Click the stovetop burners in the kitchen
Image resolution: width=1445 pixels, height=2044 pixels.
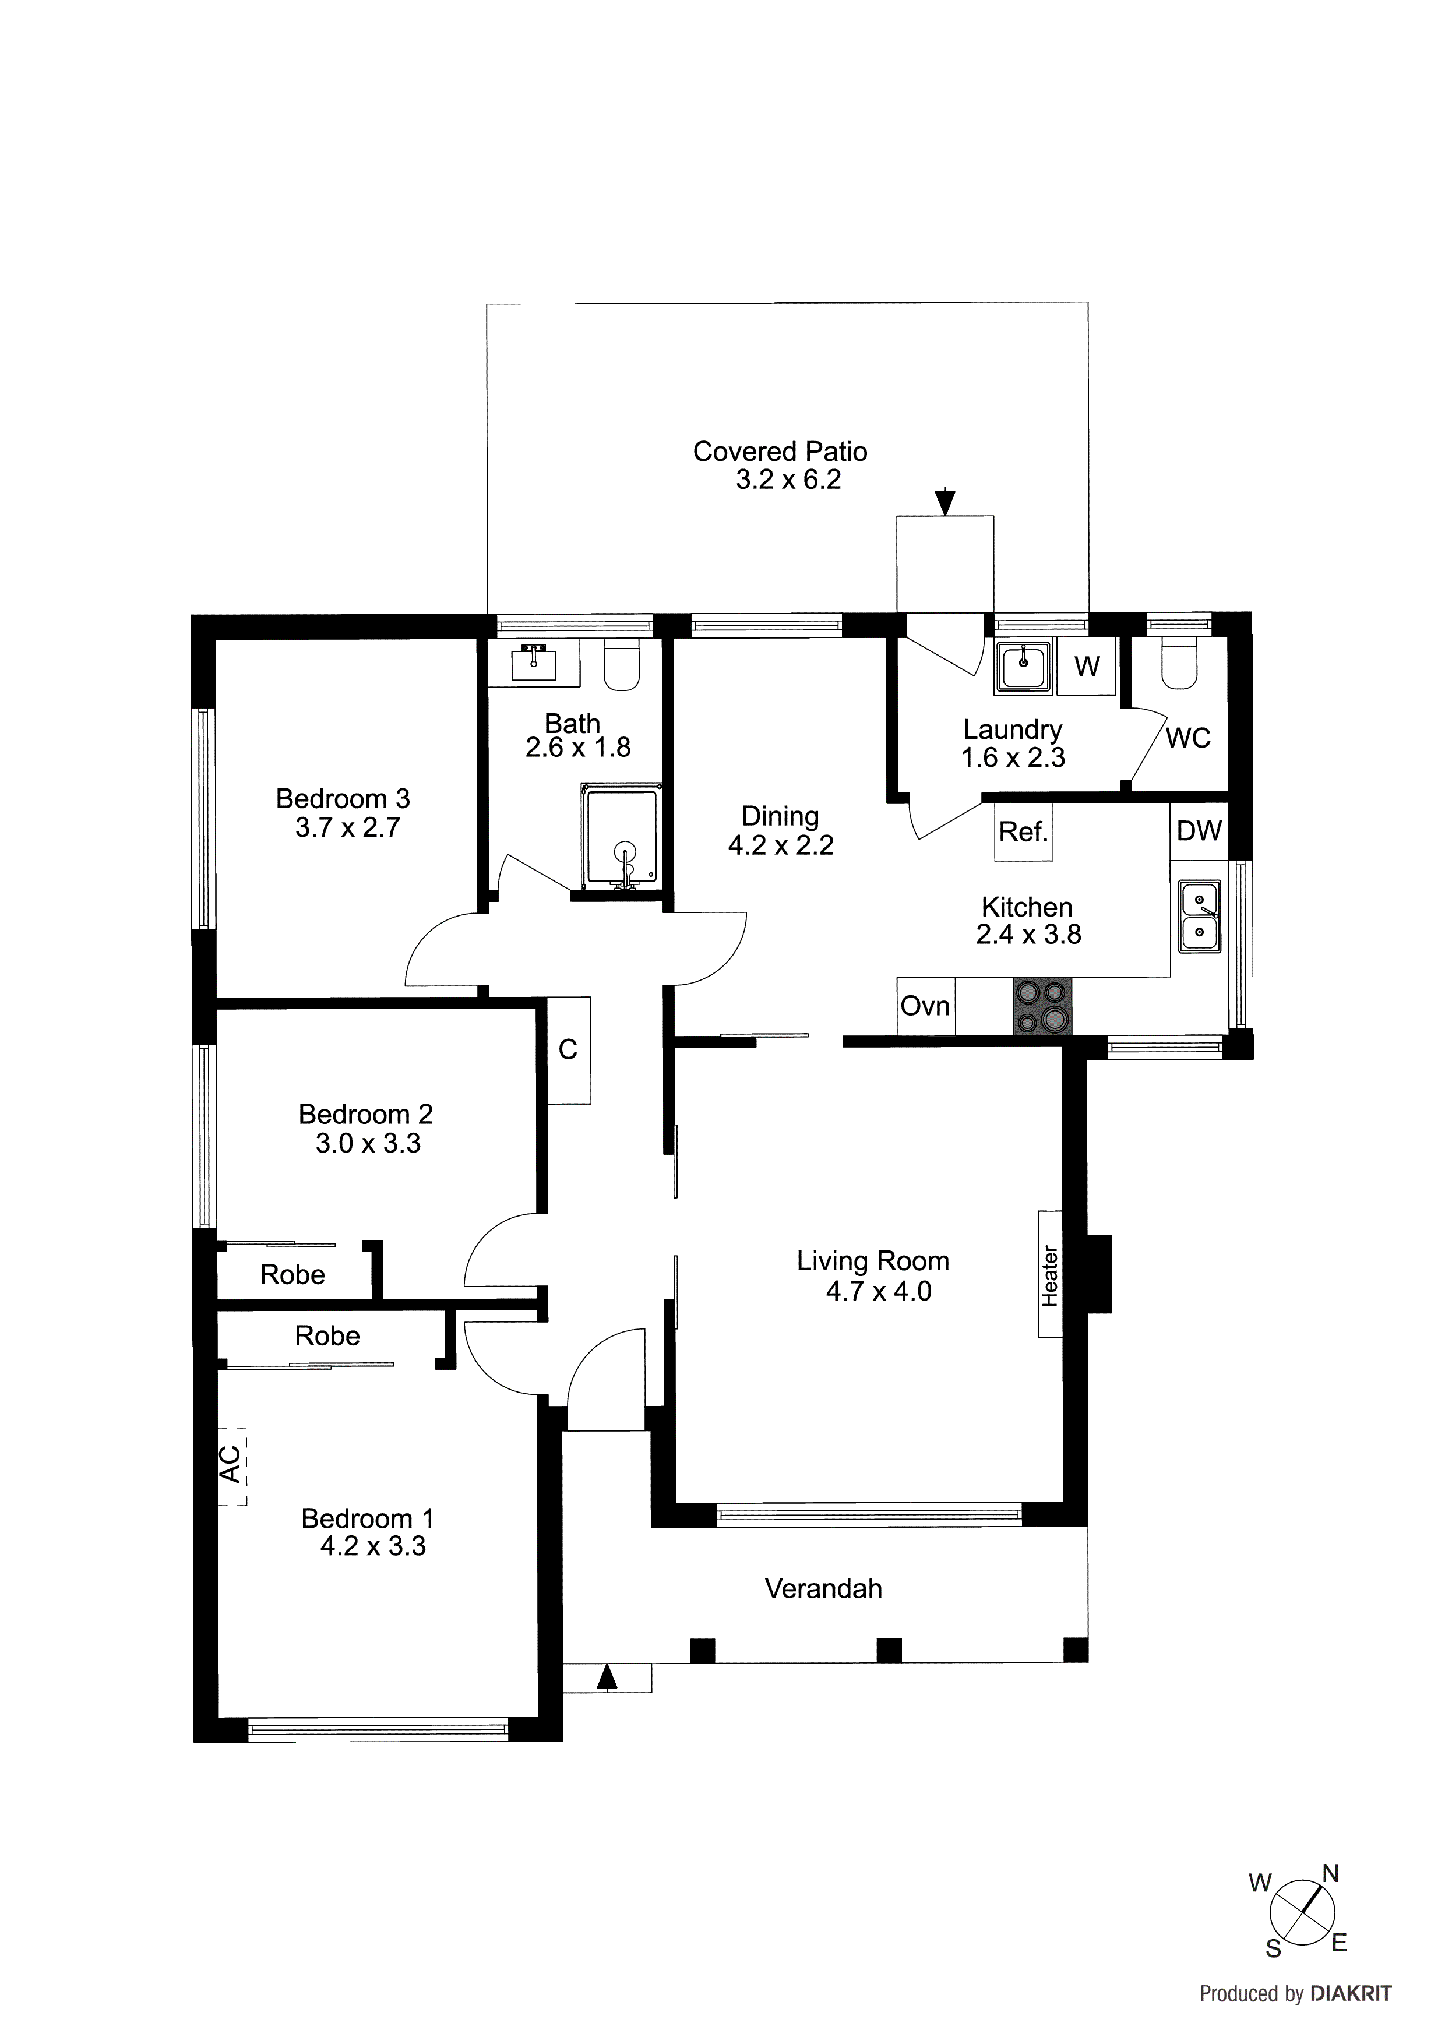pyautogui.click(x=1042, y=1007)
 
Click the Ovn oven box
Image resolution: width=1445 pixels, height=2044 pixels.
pyautogui.click(x=925, y=1007)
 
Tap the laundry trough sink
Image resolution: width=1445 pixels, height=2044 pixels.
pyautogui.click(x=1024, y=666)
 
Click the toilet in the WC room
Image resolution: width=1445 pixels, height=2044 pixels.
pyautogui.click(x=1180, y=664)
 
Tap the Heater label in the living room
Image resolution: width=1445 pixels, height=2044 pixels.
pyautogui.click(x=1051, y=1275)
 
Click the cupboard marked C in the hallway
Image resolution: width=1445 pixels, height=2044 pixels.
pyautogui.click(x=568, y=1051)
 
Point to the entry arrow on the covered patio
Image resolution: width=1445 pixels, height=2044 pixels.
pyautogui.click(x=946, y=502)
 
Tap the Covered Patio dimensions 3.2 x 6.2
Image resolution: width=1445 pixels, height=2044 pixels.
pyautogui.click(x=788, y=481)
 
